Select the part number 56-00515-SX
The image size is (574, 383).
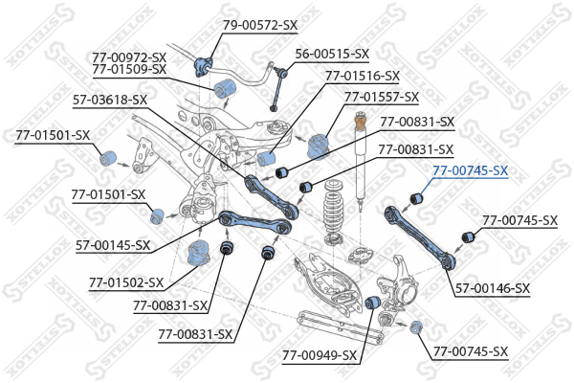pyautogui.click(x=333, y=54)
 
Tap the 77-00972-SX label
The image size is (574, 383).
pyautogui.click(x=129, y=56)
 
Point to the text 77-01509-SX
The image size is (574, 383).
pyautogui.click(x=129, y=69)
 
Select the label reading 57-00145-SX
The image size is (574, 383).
pyautogui.click(x=113, y=245)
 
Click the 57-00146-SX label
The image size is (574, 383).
pyautogui.click(x=493, y=287)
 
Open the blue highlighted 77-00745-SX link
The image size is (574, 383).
pyautogui.click(x=470, y=170)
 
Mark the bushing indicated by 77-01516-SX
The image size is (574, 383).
pyautogui.click(x=270, y=157)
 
